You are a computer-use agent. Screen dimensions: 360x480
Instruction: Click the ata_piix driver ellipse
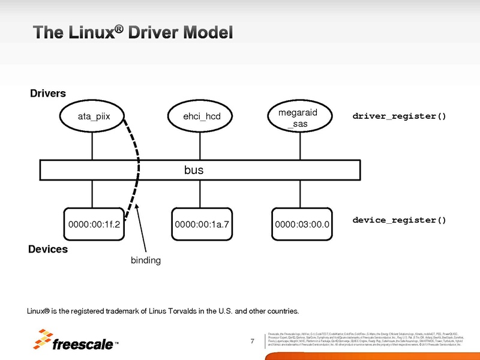point(92,116)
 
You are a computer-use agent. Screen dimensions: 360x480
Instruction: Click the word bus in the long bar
point(193,170)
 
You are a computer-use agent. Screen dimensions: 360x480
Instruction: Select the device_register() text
point(399,220)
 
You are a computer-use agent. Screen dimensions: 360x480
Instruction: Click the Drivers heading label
point(48,94)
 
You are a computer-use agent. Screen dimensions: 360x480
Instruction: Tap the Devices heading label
point(48,249)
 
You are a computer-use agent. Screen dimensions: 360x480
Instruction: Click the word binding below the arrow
point(146,260)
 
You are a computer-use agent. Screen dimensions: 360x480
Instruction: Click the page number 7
point(253,343)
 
